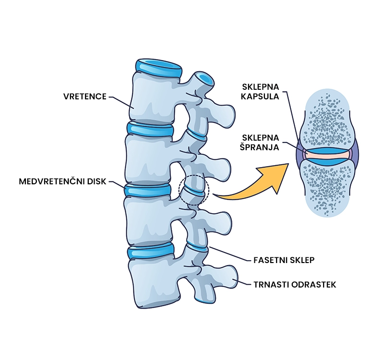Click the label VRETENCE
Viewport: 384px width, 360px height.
(x=84, y=96)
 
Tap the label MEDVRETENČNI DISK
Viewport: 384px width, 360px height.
(x=63, y=182)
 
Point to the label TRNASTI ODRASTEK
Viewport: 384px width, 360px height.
(x=294, y=285)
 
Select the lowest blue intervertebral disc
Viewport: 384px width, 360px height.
(x=150, y=251)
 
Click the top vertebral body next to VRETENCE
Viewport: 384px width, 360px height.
(x=154, y=98)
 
